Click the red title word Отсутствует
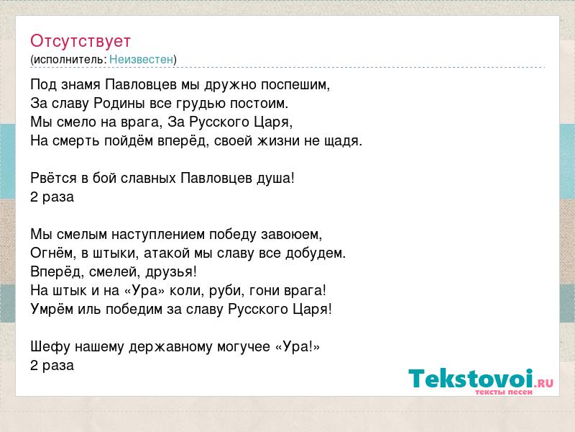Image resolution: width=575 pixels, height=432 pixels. (x=80, y=41)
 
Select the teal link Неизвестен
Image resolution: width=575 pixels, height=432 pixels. (x=141, y=59)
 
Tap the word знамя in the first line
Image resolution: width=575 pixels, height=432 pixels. (x=80, y=85)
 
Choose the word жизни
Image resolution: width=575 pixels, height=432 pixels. (x=278, y=141)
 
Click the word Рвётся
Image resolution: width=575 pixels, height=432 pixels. (x=53, y=178)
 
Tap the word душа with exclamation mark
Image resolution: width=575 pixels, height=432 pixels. (x=280, y=178)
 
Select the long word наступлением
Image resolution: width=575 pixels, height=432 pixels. (x=158, y=235)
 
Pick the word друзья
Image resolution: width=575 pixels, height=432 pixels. (x=171, y=272)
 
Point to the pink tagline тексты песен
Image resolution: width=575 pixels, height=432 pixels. (x=504, y=392)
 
